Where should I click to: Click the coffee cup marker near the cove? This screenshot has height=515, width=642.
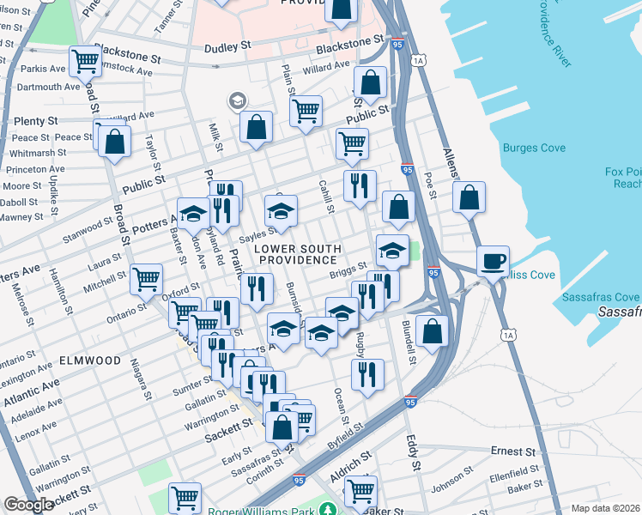pos(493,261)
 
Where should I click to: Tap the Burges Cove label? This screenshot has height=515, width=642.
pos(534,148)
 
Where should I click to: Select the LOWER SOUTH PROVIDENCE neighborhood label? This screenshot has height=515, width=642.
pos(297,254)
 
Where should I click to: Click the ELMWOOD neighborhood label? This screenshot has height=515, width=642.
pos(90,360)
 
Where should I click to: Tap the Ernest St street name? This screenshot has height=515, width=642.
pos(512,451)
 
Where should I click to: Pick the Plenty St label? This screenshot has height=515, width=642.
pos(36,122)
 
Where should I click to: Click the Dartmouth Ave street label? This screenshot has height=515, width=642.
pos(48,87)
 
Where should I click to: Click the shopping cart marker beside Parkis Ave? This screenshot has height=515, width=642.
pos(85,61)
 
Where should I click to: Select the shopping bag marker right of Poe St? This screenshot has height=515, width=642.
pos(469,197)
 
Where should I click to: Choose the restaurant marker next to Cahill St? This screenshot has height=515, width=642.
pos(360,185)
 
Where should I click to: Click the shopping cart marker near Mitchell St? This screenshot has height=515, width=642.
pos(147,278)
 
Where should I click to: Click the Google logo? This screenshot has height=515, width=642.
pos(29,505)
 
